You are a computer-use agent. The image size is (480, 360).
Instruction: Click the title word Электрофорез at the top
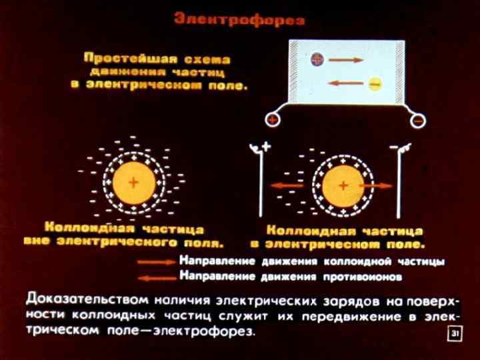pos(239,20)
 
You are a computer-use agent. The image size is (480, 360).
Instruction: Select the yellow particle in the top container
pos(374,84)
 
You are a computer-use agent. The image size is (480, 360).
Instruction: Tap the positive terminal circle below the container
pos(272,121)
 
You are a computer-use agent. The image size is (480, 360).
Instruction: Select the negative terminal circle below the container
pos(417,121)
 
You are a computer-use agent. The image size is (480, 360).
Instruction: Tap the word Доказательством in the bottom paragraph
pos(87,297)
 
